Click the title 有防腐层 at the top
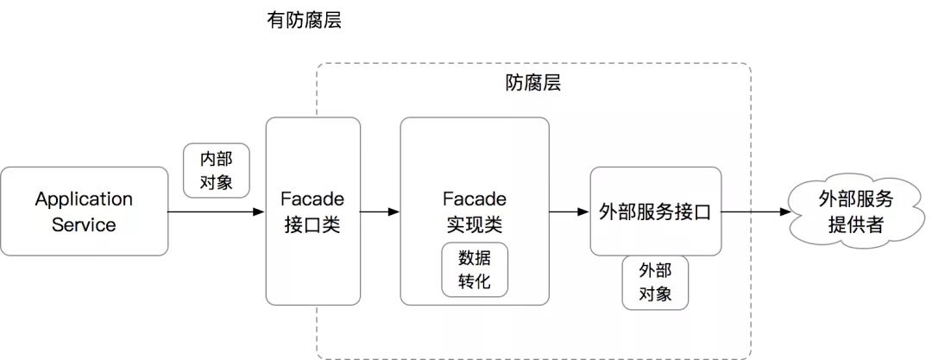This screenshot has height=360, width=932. [304, 21]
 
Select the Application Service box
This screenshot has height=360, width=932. [84, 212]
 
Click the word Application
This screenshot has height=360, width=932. [84, 199]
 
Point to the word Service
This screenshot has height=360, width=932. [84, 225]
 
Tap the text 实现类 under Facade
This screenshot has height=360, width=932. [475, 225]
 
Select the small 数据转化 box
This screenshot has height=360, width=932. [475, 268]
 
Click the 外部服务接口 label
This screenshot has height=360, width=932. [654, 212]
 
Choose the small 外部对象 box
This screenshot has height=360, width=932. [655, 281]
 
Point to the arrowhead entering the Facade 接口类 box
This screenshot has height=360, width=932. [259, 212]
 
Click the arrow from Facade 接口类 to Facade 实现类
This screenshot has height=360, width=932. [379, 212]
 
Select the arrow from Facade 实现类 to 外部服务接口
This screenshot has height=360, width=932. [570, 212]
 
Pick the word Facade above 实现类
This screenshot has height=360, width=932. [475, 199]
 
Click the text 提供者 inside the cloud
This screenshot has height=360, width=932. [855, 226]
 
